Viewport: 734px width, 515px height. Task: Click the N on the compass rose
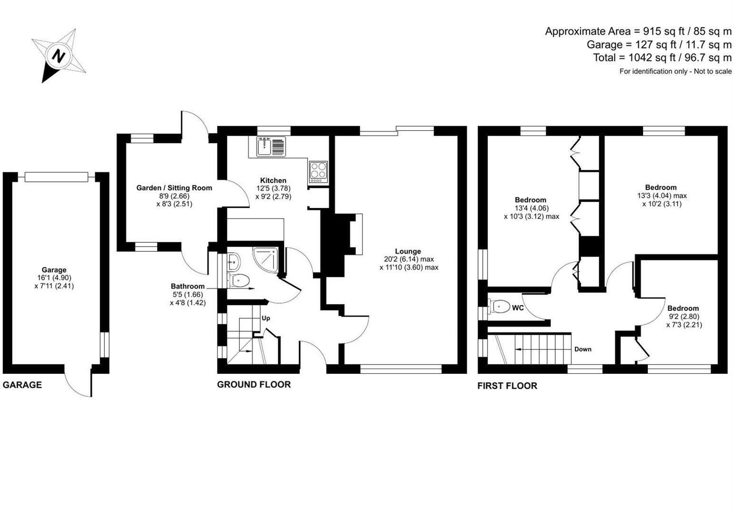coord(58,56)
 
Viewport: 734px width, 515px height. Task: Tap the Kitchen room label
coord(273,180)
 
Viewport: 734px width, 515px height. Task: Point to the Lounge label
coord(408,251)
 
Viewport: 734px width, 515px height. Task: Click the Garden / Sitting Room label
coord(174,188)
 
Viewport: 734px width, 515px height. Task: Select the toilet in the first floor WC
coord(499,306)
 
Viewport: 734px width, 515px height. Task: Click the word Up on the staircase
coord(266,318)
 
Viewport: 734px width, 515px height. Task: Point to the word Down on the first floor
coord(582,349)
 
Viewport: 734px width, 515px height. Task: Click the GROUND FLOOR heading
coord(254,384)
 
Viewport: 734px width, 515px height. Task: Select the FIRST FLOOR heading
coord(507,386)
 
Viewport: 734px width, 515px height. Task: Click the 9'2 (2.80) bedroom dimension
coord(683,317)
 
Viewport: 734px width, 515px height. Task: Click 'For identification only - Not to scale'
coord(675,71)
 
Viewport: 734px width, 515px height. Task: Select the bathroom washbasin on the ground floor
coord(234,261)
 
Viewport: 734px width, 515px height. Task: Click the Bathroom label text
coord(188,286)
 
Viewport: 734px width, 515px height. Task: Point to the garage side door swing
coord(79,384)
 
